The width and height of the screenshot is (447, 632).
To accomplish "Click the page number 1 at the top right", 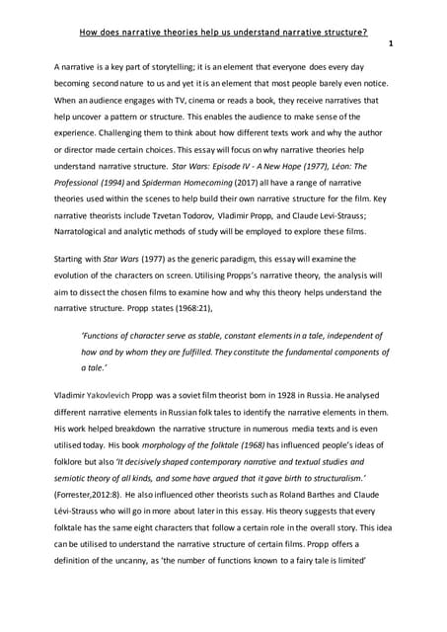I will coord(392,44).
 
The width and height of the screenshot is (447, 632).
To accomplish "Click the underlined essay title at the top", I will coord(223,31).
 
